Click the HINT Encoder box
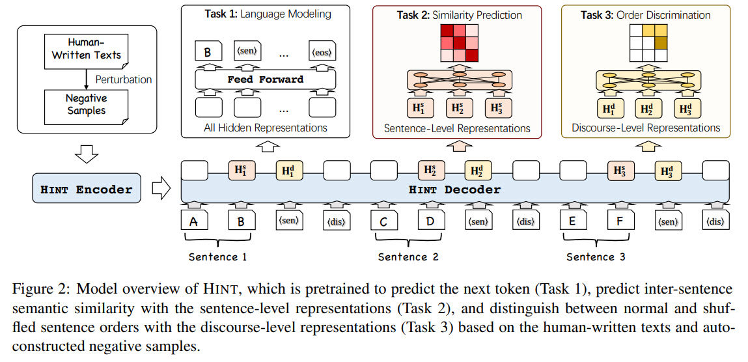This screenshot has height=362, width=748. coord(87,190)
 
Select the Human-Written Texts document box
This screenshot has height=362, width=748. coord(87,49)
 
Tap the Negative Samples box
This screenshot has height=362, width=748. coord(85,104)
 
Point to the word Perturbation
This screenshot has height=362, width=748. coord(124,79)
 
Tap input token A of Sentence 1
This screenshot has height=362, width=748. coord(193,221)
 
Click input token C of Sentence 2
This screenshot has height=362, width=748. coord(383,221)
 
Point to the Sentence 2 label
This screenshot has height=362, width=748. coord(408,257)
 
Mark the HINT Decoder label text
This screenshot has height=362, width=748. coord(454,190)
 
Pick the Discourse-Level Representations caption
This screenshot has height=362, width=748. coord(645,128)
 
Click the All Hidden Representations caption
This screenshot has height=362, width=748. coord(265,128)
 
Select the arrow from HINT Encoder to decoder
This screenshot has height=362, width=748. coord(160,189)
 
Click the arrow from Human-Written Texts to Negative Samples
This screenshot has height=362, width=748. coord(87,77)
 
